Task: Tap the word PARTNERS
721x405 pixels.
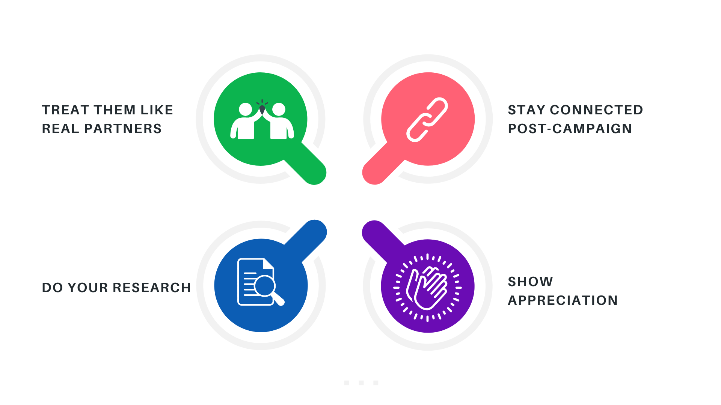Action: tap(123, 129)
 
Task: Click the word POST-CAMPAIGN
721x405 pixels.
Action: tap(570, 129)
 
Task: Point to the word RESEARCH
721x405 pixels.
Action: tap(152, 288)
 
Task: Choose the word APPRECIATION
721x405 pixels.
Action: tap(563, 300)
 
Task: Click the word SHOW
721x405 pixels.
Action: tap(530, 282)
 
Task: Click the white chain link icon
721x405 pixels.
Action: tap(427, 120)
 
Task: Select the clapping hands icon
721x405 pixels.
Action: tap(427, 288)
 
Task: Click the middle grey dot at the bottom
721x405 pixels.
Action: tap(361, 383)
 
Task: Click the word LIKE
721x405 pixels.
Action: tap(157, 110)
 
